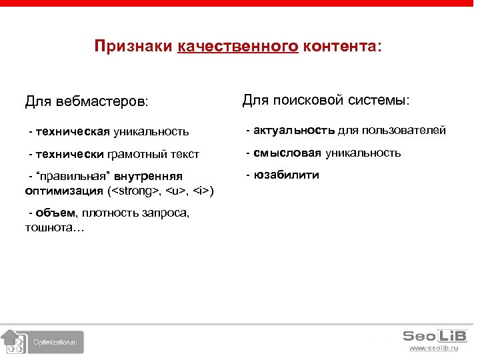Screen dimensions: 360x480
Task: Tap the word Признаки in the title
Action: coord(134,47)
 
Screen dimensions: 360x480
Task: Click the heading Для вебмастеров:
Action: coord(87,102)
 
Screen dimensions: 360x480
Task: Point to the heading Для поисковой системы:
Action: coord(326,100)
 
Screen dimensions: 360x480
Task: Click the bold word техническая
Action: coord(73,132)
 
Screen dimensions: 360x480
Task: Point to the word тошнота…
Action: coord(54,227)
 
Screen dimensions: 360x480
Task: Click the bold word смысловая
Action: coord(287,153)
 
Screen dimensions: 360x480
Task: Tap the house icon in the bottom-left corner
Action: coord(12,342)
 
